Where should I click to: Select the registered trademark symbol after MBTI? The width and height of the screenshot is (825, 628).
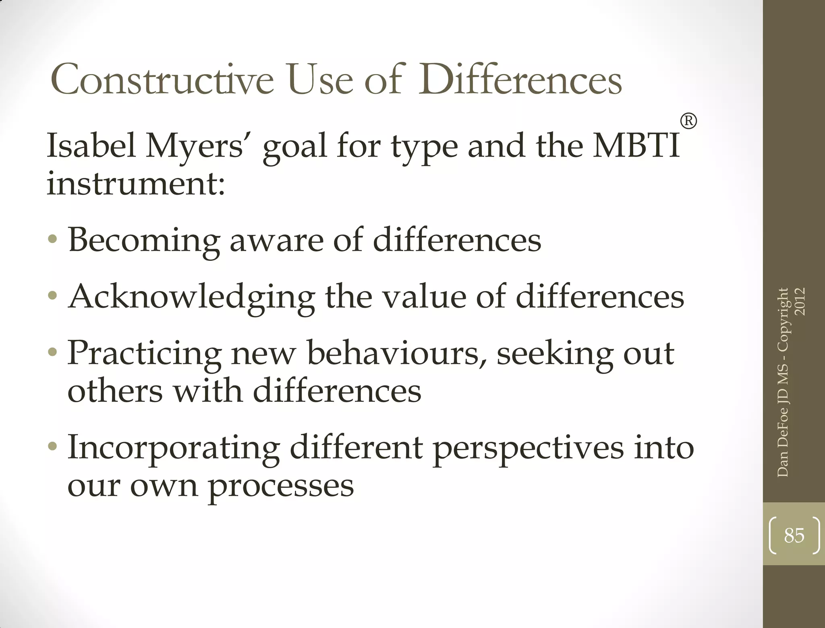(x=688, y=121)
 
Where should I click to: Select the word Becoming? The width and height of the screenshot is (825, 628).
(x=144, y=241)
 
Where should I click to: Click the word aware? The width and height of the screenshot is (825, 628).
(x=277, y=241)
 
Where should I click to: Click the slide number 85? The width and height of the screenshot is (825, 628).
(x=794, y=535)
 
